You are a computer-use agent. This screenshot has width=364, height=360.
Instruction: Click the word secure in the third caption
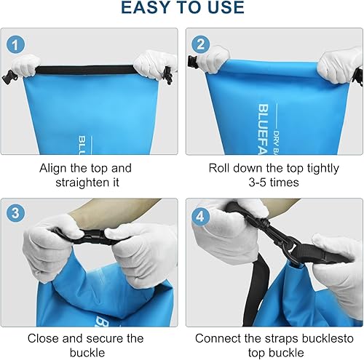[x=104, y=338]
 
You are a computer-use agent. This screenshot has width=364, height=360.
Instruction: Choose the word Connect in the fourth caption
[x=219, y=338]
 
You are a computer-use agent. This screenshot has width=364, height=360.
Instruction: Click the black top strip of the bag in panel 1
[x=91, y=68]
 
